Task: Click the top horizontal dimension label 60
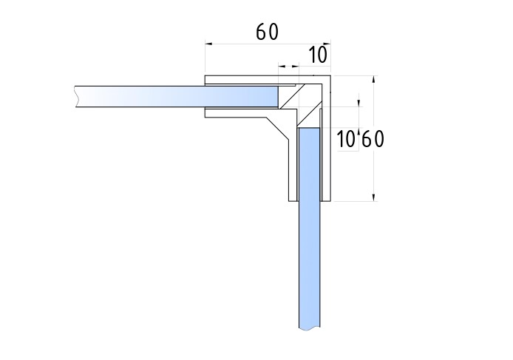point(267,32)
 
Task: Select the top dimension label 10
point(318,54)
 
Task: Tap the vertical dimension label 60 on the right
point(373,139)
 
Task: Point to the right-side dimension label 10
point(346,139)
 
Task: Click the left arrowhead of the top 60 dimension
point(208,43)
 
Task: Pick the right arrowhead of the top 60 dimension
point(327,43)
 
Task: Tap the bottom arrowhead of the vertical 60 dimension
point(373,197)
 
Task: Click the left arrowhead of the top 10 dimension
point(282,67)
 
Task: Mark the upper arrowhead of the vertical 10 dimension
point(359,103)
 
